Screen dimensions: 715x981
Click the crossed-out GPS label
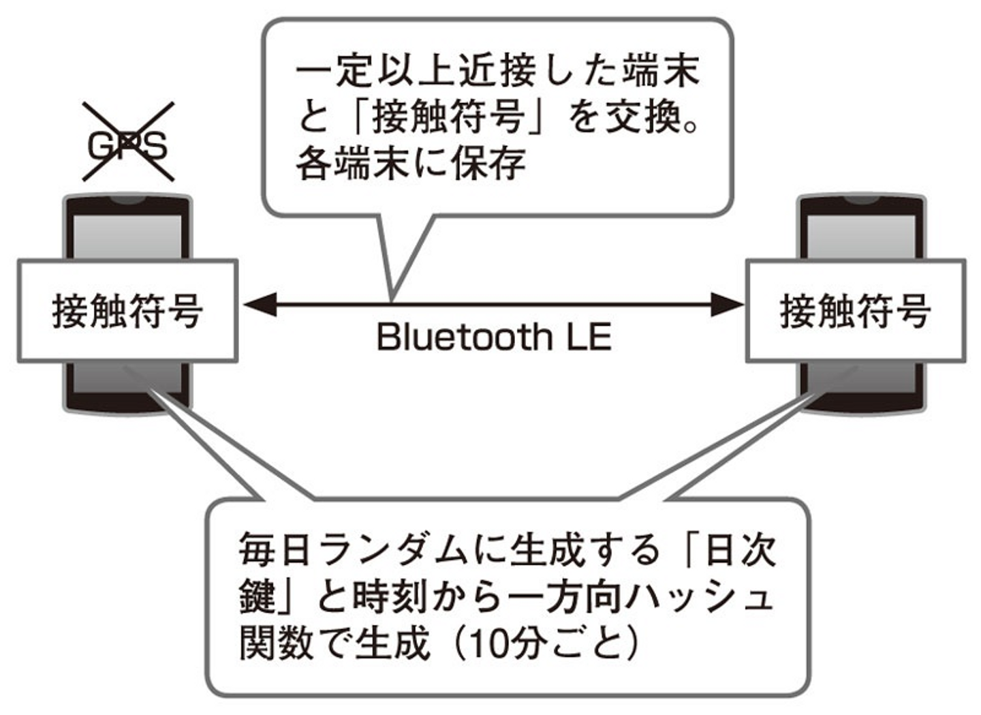click(x=128, y=143)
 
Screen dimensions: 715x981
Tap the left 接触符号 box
click(x=127, y=311)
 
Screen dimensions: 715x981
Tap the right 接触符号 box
click(x=855, y=311)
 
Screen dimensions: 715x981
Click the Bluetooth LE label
click(x=494, y=337)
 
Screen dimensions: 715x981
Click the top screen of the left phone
click(x=127, y=236)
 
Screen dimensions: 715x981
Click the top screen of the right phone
click(x=862, y=236)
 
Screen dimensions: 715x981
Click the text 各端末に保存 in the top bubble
click(x=411, y=164)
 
